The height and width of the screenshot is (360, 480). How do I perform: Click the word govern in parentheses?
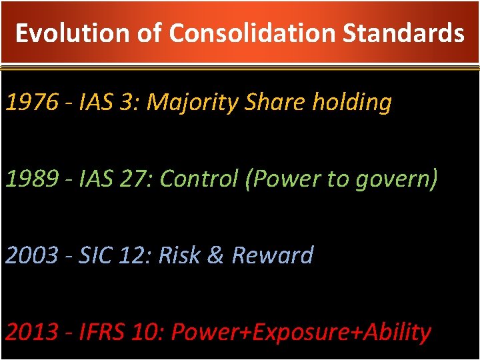[396, 179]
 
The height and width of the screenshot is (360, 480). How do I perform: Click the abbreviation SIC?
[95, 255]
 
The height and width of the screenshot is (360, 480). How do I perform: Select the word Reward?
[272, 255]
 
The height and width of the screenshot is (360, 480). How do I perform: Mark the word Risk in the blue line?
[179, 255]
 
